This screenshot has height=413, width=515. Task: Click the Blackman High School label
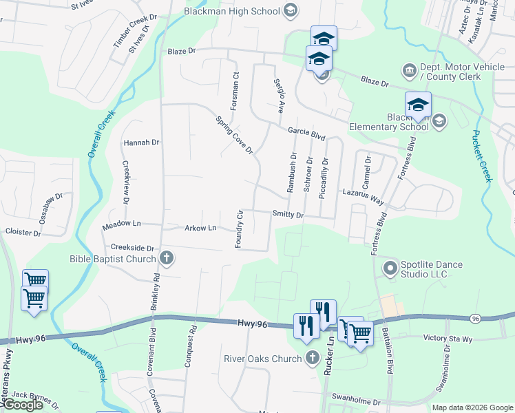click(x=231, y=10)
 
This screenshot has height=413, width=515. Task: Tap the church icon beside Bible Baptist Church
click(x=166, y=259)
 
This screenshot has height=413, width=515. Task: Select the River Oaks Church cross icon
click(x=313, y=358)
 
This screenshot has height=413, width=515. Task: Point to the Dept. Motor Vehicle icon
click(x=409, y=71)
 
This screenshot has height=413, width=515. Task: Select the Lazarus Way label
click(x=363, y=197)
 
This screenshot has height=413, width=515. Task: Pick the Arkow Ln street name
click(x=200, y=228)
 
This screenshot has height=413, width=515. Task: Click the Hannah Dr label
click(x=141, y=143)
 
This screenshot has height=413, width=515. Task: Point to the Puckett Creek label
click(x=481, y=156)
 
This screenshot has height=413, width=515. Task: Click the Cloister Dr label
click(x=23, y=233)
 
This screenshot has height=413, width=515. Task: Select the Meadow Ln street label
click(x=121, y=224)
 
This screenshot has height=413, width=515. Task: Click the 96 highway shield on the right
click(x=475, y=318)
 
